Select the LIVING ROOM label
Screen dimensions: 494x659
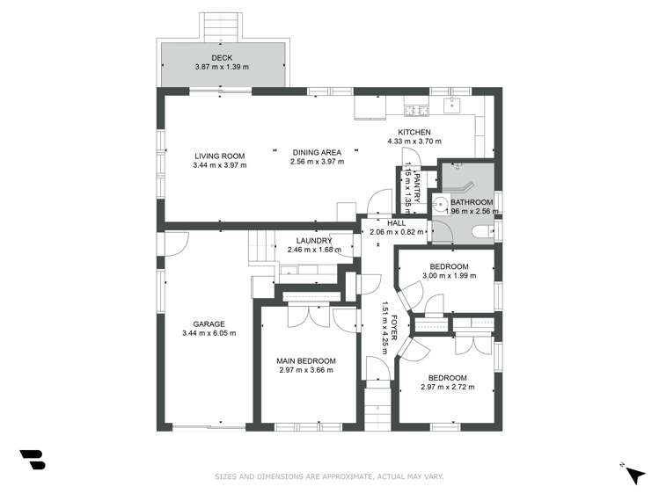219,156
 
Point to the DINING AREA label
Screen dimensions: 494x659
317,153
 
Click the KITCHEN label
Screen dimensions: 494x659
414,132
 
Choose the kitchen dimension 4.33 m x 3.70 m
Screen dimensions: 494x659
414,142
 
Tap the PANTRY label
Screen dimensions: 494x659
420,187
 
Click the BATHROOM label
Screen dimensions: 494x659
472,202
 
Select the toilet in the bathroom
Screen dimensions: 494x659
481,232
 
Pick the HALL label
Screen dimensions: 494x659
384,224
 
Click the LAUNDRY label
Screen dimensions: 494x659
313,241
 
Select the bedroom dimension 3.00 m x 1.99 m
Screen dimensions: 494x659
449,276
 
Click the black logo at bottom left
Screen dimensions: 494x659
33,460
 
